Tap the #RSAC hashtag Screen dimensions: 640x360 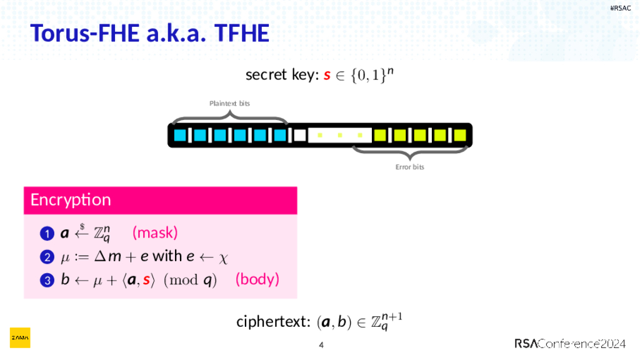pos(621,8)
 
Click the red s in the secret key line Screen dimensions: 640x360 pos(326,76)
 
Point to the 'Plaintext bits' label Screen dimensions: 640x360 pos(229,103)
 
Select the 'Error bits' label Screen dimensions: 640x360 pos(409,167)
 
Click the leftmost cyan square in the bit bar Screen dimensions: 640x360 pos(180,134)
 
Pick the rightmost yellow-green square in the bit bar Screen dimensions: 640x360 pos(460,134)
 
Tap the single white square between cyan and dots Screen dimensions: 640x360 pos(299,134)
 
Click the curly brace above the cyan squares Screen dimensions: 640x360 pos(229,117)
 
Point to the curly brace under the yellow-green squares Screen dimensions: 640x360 pos(409,152)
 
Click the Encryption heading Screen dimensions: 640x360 pos(71,200)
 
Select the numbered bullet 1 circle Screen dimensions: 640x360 pos(46,234)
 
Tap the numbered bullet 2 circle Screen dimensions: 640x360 pos(46,257)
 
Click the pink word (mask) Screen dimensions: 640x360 pos(155,233)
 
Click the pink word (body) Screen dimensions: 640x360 pos(257,279)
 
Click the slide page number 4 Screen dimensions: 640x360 pos(321,345)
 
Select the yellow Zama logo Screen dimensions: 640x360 pos(19,337)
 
